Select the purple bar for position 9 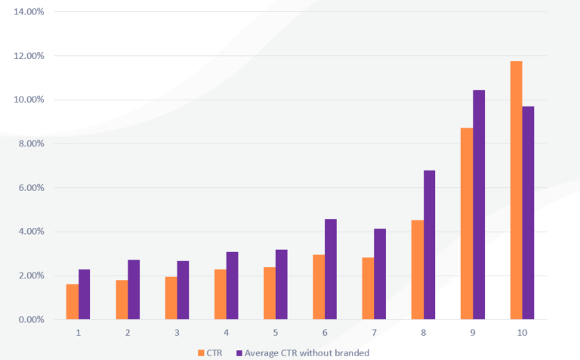[x=479, y=205]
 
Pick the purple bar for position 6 [x=331, y=269]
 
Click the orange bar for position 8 [x=418, y=269]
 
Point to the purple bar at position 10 [x=528, y=213]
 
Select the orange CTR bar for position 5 [x=270, y=293]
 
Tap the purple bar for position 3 [x=183, y=290]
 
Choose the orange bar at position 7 [x=368, y=288]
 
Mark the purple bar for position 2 [x=134, y=289]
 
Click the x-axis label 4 [x=227, y=332]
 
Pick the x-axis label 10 [x=522, y=332]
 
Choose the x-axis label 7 [x=374, y=332]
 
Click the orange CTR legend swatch [x=200, y=352]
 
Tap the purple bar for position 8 [x=429, y=245]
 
